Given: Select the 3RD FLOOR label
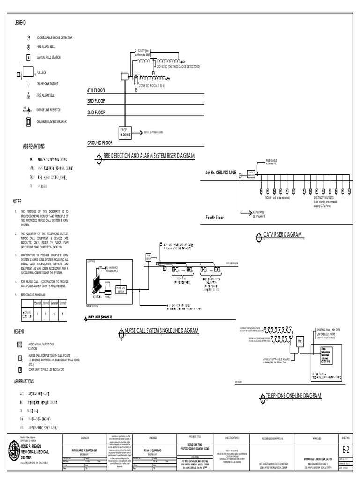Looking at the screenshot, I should [96, 101].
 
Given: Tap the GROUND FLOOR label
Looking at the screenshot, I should [101, 142].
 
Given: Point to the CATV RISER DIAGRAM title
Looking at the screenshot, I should [283, 234].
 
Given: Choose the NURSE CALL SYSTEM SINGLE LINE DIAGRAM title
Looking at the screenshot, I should [162, 331].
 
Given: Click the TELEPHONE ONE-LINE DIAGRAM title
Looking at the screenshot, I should [293, 396].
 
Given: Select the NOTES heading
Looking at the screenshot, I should [17, 201].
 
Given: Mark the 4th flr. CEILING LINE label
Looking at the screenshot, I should [220, 173].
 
